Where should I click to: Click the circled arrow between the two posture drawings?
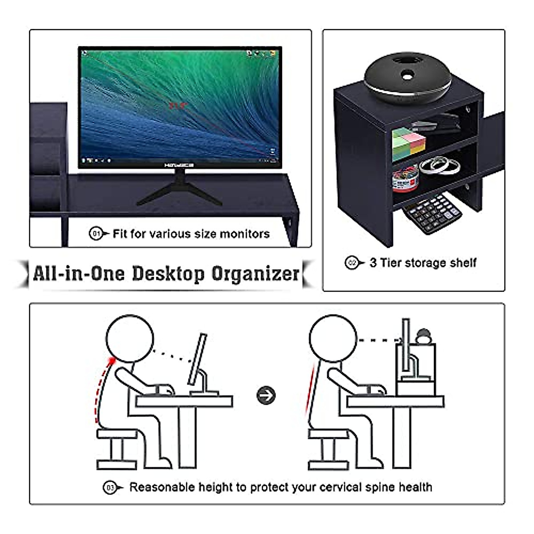[266, 395]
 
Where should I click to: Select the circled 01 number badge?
[96, 233]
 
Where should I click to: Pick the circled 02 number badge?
[351, 263]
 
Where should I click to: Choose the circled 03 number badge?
[109, 488]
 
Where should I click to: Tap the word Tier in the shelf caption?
[391, 263]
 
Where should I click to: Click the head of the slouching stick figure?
[129, 339]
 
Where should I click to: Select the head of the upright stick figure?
[333, 339]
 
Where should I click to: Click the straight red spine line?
[311, 387]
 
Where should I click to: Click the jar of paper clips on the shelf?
[405, 178]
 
